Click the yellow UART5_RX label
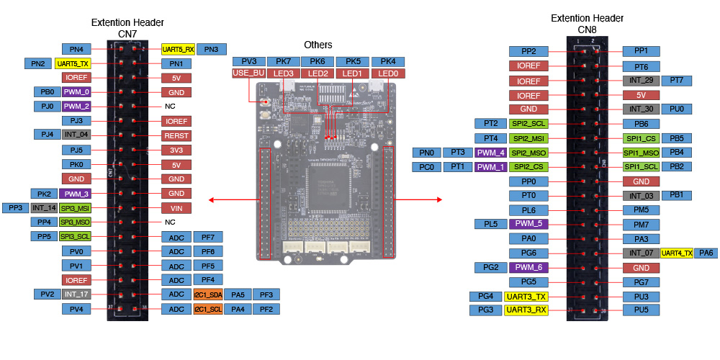click(x=179, y=49)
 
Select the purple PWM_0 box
click(x=76, y=92)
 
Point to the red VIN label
click(x=176, y=207)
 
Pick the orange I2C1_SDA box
click(x=208, y=294)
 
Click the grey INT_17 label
click(x=76, y=294)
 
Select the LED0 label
click(x=388, y=73)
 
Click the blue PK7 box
click(x=283, y=62)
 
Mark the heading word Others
click(x=318, y=45)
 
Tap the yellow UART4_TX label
click(x=677, y=253)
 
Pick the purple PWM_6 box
click(x=528, y=267)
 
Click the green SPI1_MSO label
click(x=641, y=152)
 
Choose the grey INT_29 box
click(x=641, y=80)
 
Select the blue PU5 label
click(x=641, y=310)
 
